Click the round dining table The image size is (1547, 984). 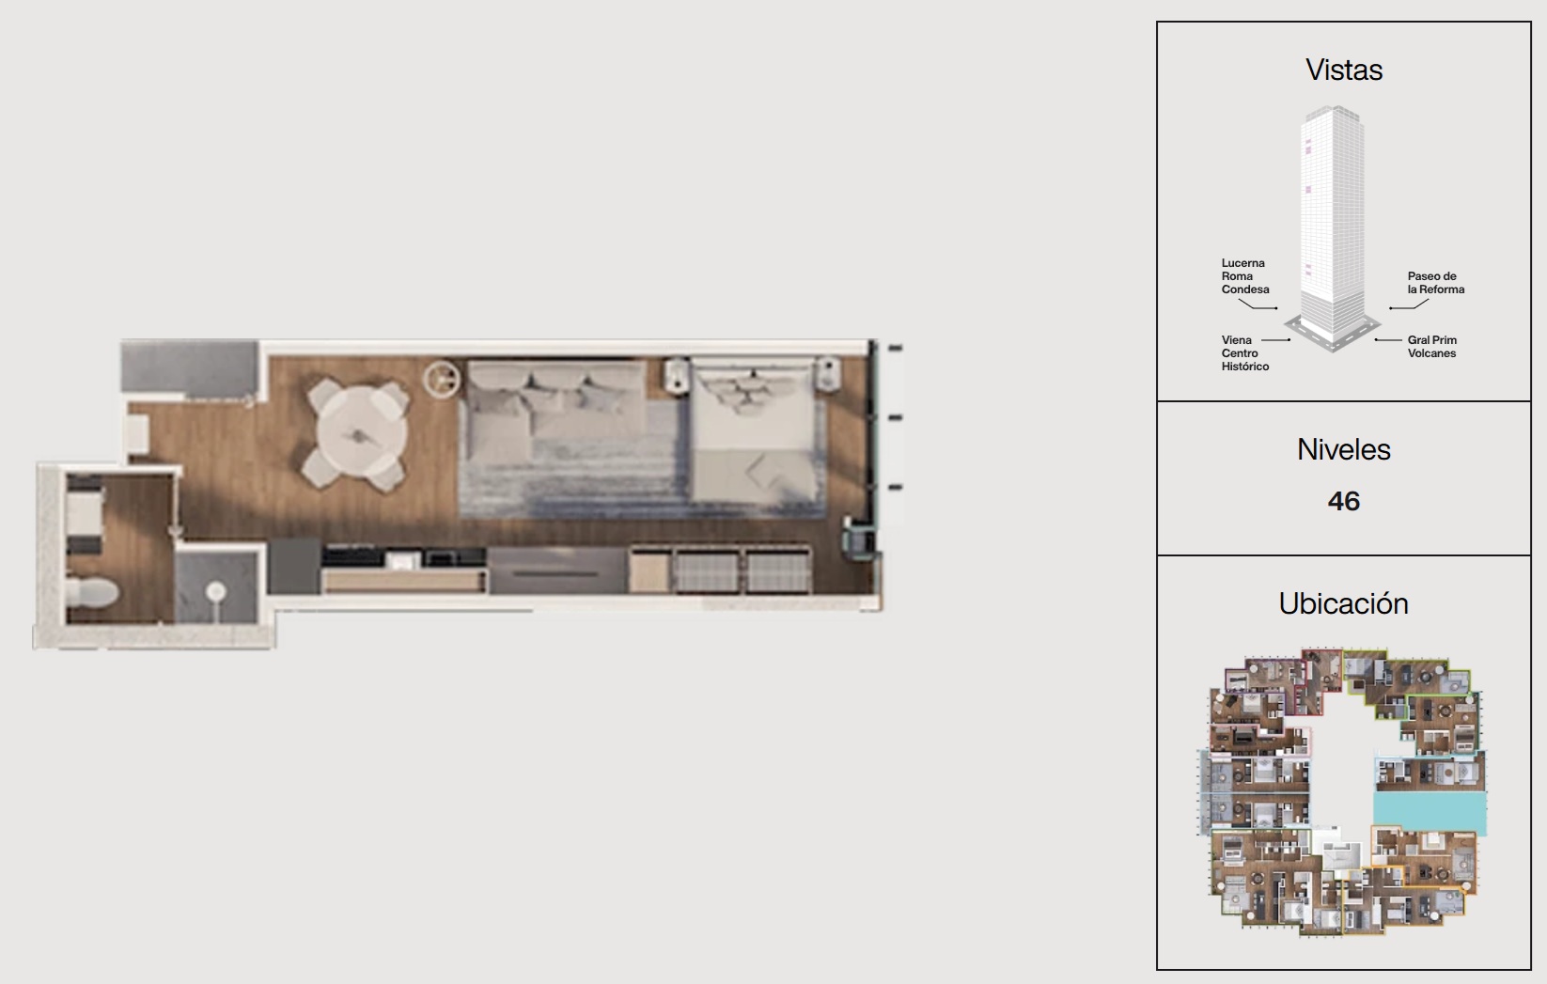point(361,435)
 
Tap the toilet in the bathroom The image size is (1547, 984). point(92,592)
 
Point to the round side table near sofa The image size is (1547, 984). point(442,379)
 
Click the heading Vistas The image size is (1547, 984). point(1344,70)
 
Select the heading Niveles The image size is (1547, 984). point(1343,449)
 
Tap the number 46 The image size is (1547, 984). point(1343,501)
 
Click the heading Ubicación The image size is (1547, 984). point(1343,603)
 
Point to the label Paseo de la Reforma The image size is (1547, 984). point(1436,283)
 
